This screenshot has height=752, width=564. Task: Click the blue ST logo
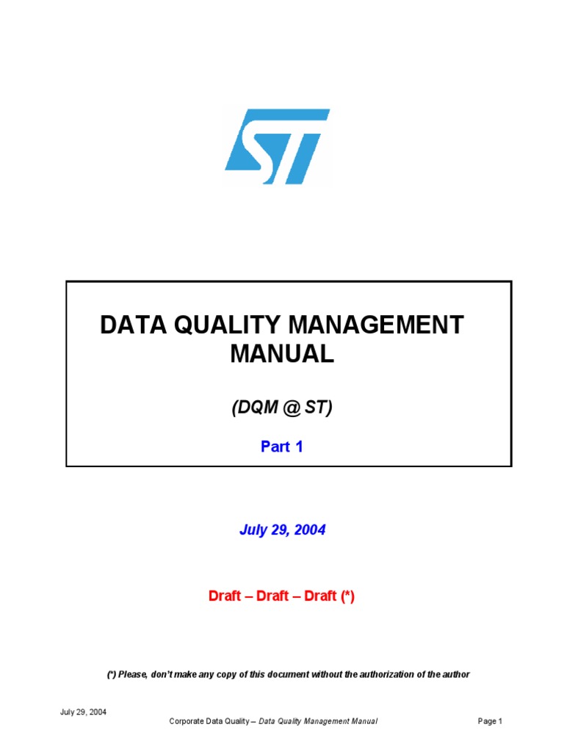pos(277,146)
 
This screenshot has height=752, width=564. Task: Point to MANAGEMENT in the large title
pos(382,325)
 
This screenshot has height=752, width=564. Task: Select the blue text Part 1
pos(282,446)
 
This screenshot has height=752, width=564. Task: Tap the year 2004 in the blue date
pos(308,530)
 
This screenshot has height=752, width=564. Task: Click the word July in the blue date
pos(254,530)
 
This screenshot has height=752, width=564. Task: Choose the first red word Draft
pos(225,596)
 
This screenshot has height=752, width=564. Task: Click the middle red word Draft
pos(272,596)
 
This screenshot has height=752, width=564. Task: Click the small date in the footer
pos(83,712)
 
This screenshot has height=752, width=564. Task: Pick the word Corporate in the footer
pos(187,722)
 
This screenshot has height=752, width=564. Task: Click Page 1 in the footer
pos(490,722)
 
